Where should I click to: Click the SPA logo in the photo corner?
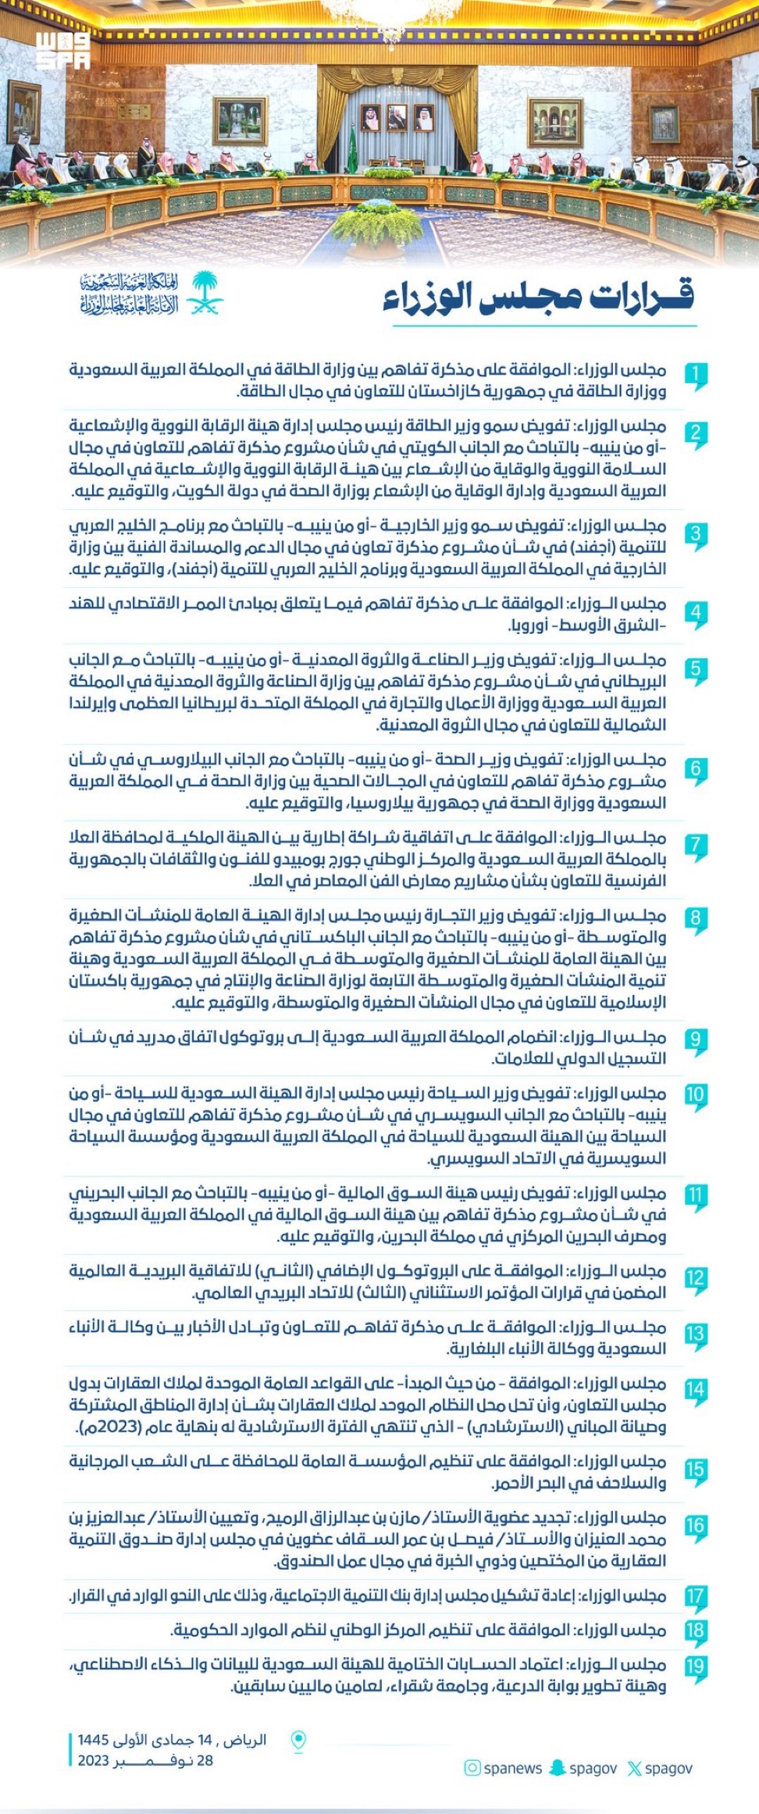coord(62,50)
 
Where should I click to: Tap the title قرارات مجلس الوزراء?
coord(538,297)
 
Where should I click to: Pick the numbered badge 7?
coord(695,846)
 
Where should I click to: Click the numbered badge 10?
coord(695,1095)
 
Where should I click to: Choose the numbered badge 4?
coord(695,612)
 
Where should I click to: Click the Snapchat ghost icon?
coord(558,1768)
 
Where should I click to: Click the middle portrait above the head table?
coord(397,118)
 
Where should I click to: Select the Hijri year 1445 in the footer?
coord(93,1740)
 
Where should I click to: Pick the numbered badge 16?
coord(695,1526)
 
